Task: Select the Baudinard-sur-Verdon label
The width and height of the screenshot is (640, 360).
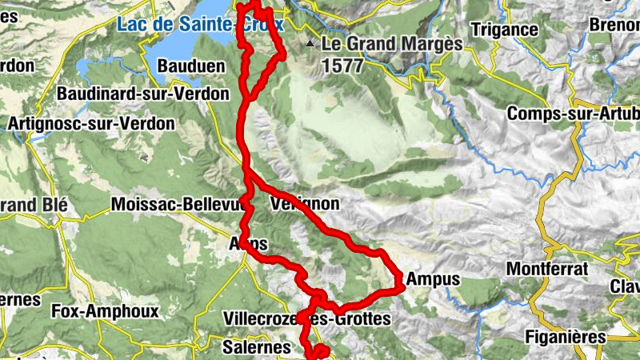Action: (x=131, y=94)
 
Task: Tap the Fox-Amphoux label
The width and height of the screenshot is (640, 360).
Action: (x=105, y=310)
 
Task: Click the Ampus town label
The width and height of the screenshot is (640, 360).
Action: (x=433, y=279)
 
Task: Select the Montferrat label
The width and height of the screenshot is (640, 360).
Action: (x=546, y=268)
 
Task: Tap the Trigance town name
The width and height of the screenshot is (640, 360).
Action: (x=504, y=30)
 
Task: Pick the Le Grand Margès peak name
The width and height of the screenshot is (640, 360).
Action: (x=392, y=44)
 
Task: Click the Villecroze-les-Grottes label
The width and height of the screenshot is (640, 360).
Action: (x=308, y=319)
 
